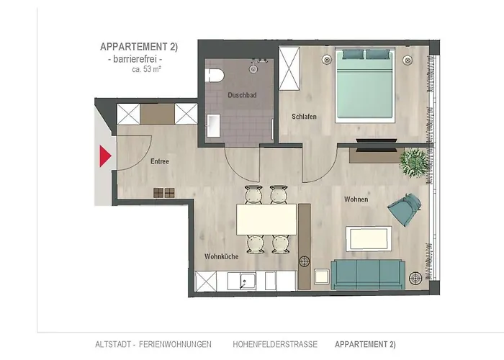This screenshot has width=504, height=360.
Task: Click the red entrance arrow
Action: (104, 156)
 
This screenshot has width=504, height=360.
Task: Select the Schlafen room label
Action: (304, 117)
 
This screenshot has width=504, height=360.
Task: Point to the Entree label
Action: (159, 161)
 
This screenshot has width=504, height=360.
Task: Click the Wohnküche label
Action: (220, 256)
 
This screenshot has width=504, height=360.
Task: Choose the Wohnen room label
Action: (356, 199)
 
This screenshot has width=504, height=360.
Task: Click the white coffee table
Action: (369, 238)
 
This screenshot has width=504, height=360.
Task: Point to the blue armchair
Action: (402, 210)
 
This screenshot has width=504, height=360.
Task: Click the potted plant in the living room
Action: (414, 159)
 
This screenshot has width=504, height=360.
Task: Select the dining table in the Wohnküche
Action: (267, 220)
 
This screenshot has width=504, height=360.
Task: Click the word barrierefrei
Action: (140, 59)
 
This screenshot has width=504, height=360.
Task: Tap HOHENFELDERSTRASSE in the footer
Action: (274, 344)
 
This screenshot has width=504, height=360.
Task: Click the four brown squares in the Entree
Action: (164, 192)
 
